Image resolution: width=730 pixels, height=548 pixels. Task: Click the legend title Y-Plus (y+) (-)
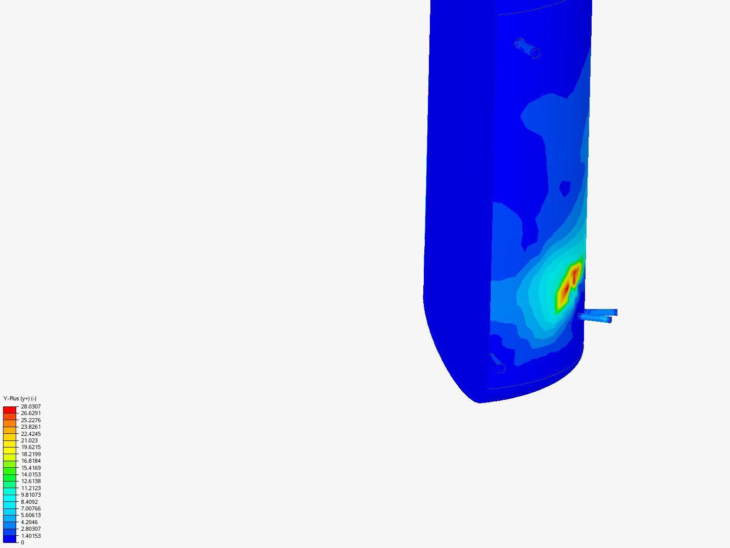coord(20,398)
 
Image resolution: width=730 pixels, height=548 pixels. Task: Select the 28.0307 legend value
coord(30,406)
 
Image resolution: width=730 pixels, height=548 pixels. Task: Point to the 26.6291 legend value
coord(30,413)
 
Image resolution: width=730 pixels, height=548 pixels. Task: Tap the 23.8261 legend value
coord(30,427)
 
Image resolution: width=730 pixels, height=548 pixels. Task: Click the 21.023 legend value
coord(29,440)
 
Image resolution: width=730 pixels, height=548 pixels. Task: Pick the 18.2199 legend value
coord(30,454)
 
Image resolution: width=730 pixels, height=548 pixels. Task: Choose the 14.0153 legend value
coord(30,474)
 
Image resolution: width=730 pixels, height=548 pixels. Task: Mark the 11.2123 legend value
coord(30,488)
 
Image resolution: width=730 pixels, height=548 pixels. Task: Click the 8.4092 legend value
coord(29,502)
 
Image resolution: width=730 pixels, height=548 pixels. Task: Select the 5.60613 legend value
coord(30,515)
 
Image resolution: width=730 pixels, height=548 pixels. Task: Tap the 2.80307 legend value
coord(30,529)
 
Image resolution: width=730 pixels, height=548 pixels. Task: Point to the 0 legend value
coord(22,542)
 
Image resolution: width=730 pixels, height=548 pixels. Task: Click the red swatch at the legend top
coord(10,409)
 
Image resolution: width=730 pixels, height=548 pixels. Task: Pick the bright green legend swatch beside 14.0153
coord(10,474)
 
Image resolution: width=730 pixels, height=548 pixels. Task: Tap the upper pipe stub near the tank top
coord(527,48)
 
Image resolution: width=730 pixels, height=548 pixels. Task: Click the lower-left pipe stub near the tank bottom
coord(497,363)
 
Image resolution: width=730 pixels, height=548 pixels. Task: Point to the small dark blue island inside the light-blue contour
coord(565,189)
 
